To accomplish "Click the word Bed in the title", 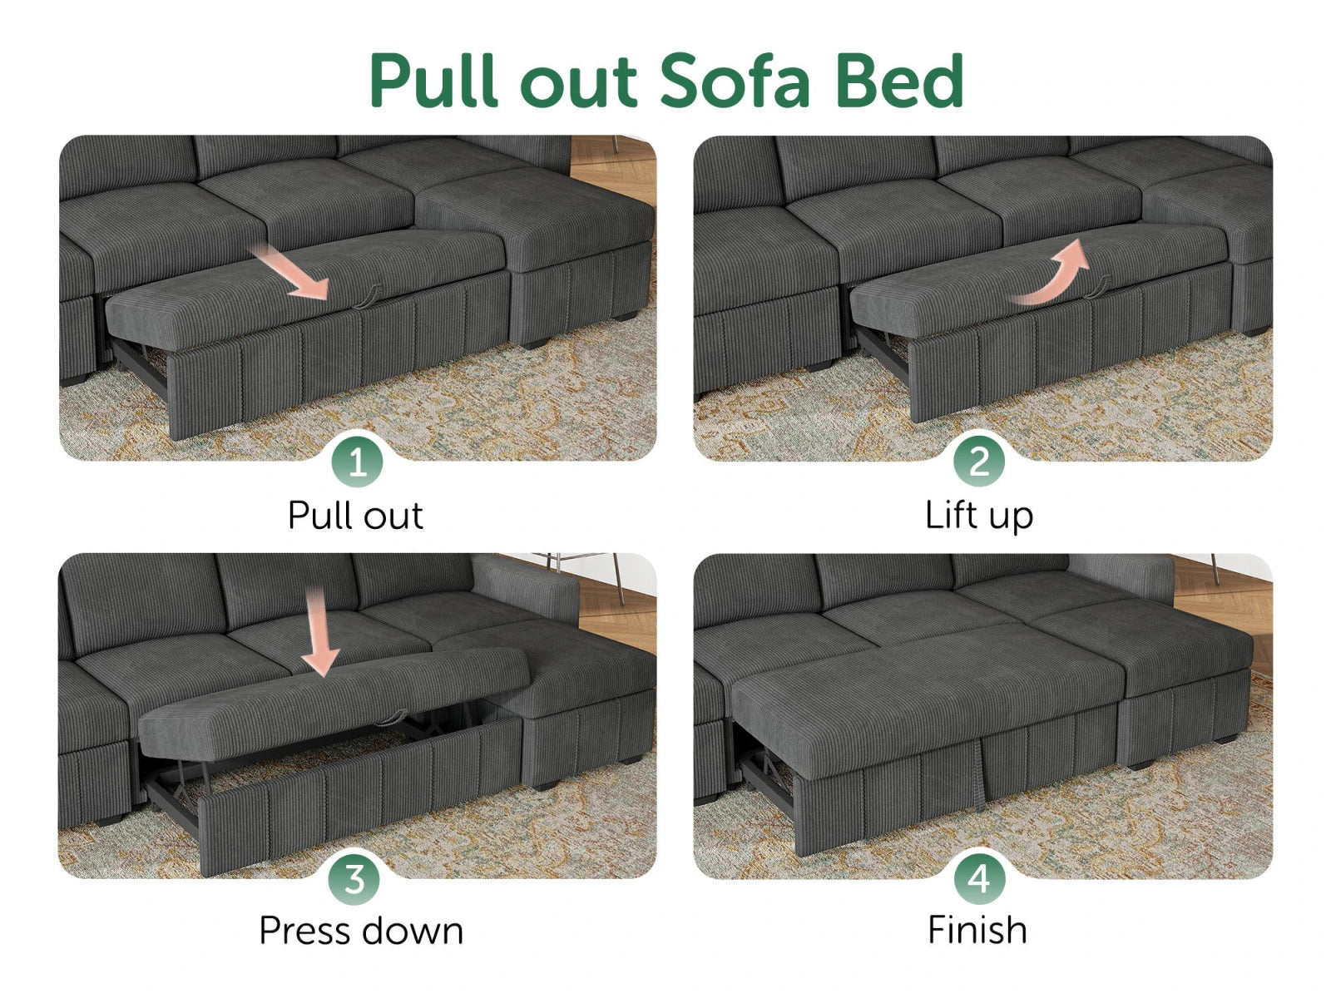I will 898,81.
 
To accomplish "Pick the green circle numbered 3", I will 354,879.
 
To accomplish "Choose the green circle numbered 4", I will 978,879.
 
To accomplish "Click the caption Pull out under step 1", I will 355,516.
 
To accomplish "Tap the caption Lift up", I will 979,516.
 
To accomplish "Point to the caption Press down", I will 361,931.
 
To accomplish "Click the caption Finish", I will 977,931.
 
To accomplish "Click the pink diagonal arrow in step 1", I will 291,272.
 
